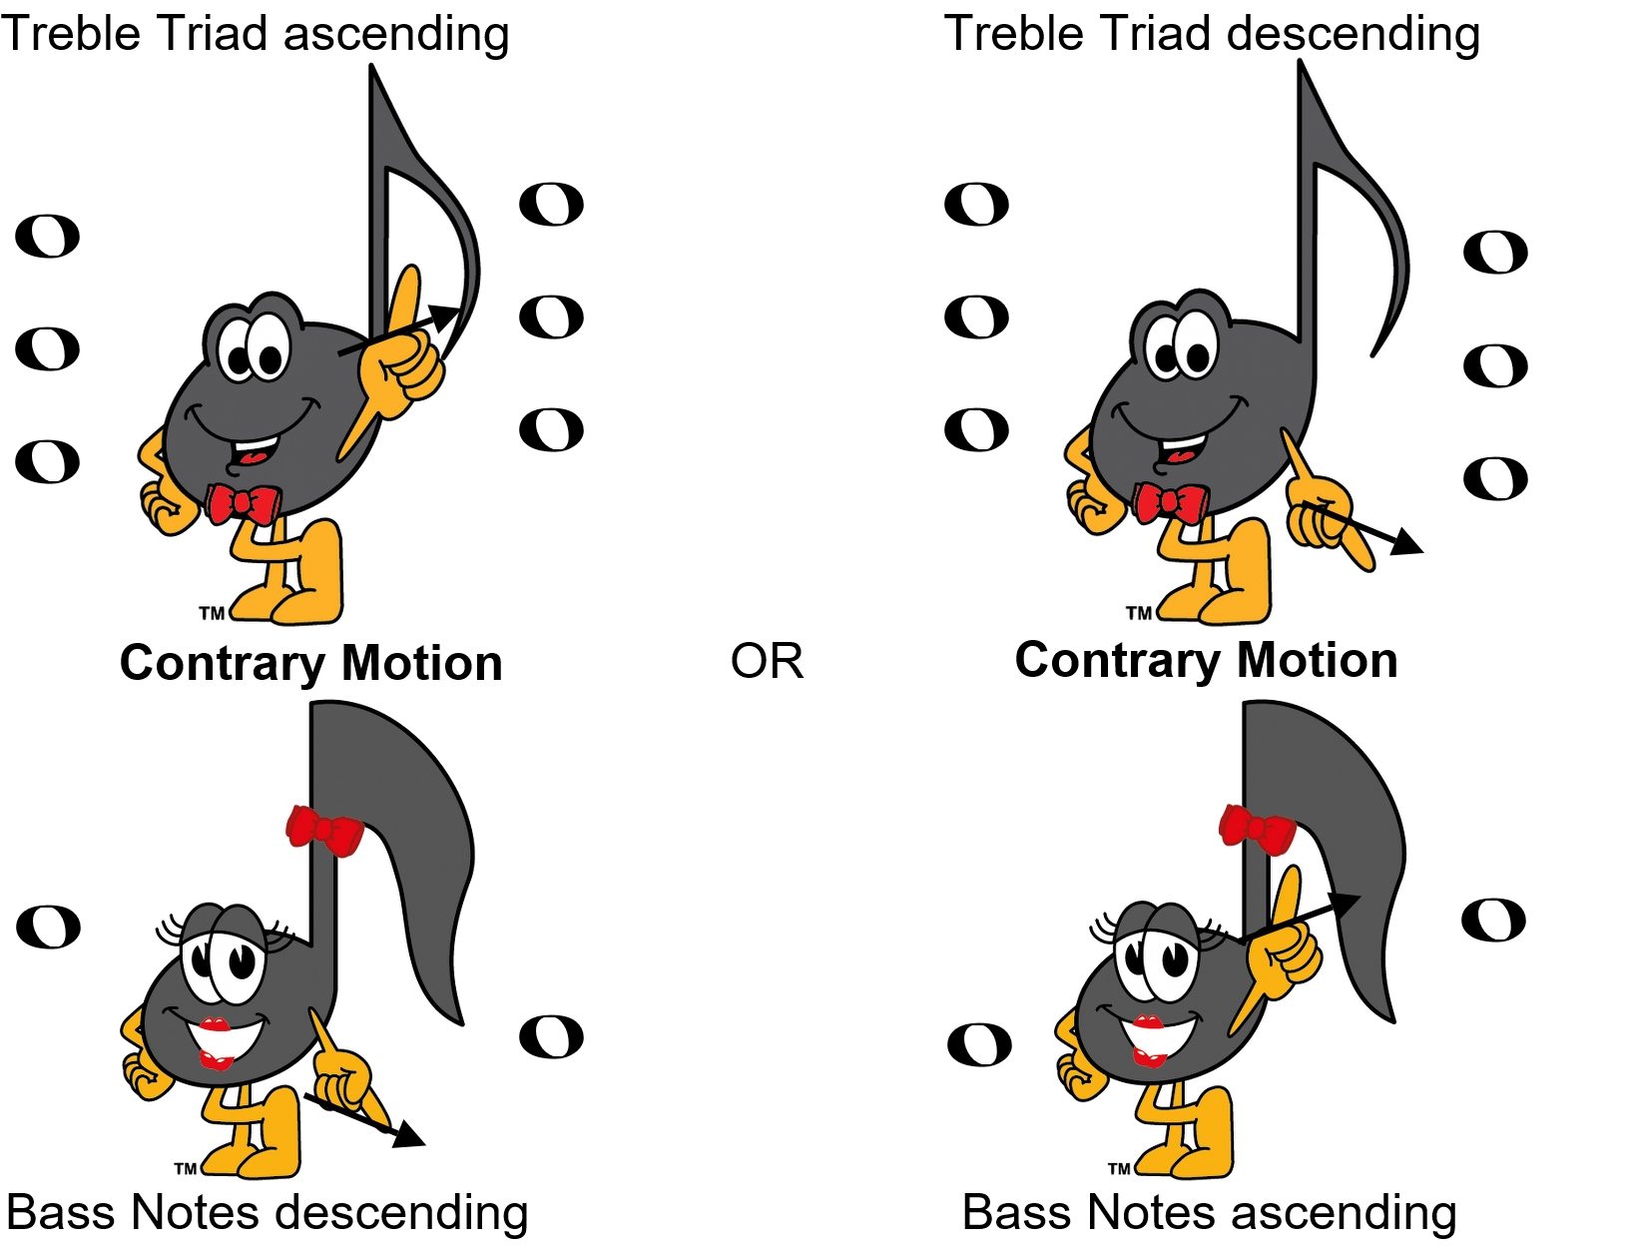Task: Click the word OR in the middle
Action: point(767,661)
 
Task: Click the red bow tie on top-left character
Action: point(242,503)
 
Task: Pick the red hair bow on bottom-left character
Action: point(323,831)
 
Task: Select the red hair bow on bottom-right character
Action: point(1256,830)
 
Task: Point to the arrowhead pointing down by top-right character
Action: point(1406,542)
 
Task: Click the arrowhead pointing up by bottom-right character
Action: point(1345,902)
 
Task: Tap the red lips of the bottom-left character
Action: point(215,1025)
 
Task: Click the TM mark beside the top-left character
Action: point(211,613)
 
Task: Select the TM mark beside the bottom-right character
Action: point(1119,1168)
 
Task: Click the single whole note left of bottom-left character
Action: point(48,928)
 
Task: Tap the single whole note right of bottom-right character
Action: point(1493,921)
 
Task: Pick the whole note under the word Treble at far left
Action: point(47,237)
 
